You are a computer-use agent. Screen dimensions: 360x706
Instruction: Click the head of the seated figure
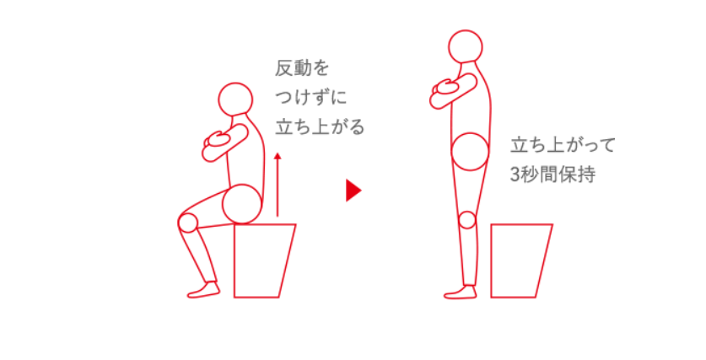(235, 99)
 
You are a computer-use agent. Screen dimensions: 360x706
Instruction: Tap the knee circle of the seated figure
(188, 223)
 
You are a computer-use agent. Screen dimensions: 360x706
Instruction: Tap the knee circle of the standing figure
(468, 221)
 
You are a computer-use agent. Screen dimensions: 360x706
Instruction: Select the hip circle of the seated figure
(242, 203)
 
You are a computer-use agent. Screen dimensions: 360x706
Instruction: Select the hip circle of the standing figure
(470, 152)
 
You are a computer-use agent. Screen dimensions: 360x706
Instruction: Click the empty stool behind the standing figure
(520, 260)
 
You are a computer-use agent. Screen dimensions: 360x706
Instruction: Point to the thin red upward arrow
(277, 185)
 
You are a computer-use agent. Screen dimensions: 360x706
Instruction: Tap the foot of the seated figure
(203, 289)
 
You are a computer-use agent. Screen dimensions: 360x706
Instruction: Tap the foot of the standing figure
(460, 292)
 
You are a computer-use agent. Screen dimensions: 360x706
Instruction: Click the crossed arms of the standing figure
(450, 91)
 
